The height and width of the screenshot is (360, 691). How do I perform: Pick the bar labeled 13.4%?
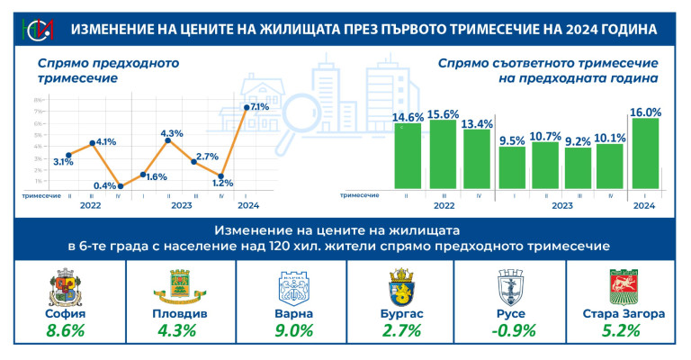point(477,158)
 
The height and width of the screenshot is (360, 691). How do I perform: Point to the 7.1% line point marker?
point(247,108)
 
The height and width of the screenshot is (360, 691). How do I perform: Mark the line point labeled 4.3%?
point(168,140)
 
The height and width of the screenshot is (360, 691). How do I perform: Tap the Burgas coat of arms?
point(400,288)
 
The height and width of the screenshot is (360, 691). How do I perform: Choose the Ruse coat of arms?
point(511,288)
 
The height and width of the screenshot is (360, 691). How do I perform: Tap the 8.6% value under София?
point(65,330)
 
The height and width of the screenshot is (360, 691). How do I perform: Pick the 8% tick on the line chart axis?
point(38,99)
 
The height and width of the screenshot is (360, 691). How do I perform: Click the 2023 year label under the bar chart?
point(564,206)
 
